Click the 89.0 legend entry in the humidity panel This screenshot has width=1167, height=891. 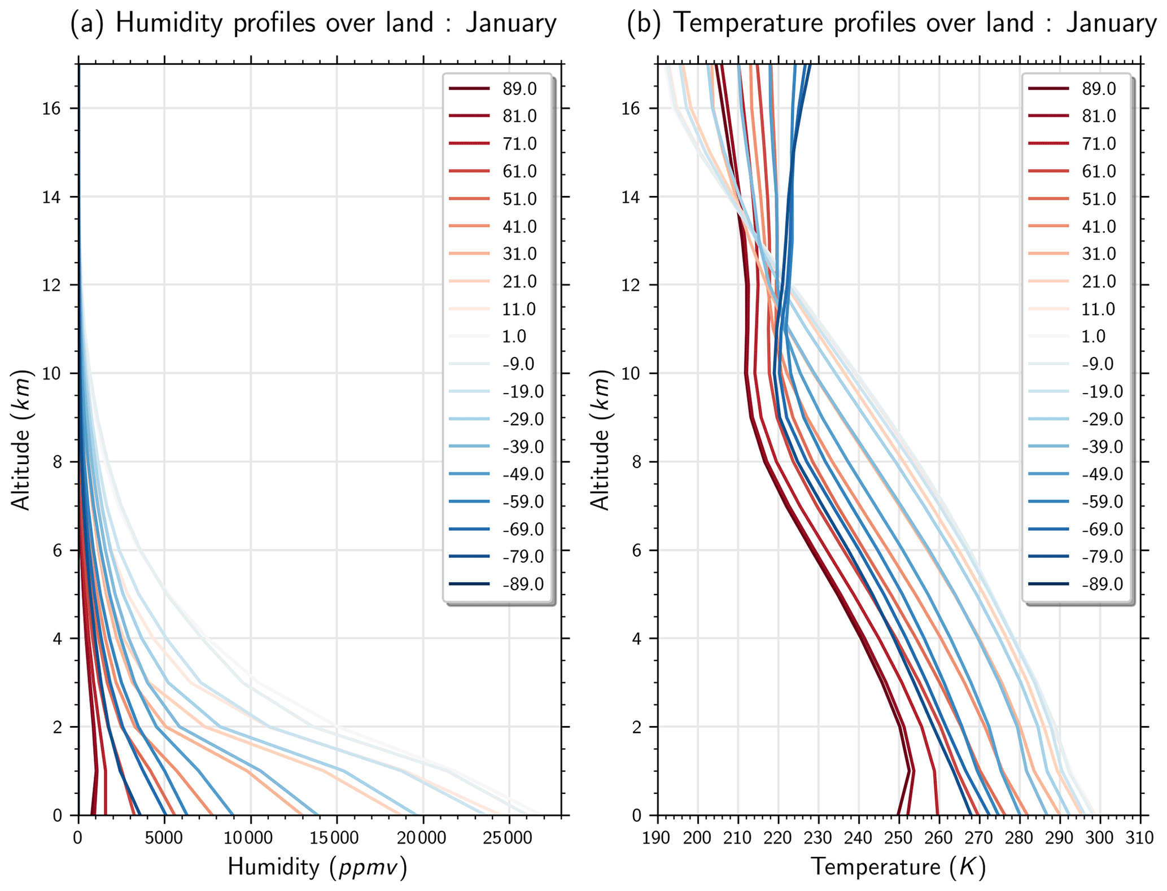pos(519,89)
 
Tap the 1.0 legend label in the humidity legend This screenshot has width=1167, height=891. pos(514,337)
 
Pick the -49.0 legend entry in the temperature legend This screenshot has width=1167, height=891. pos(1102,474)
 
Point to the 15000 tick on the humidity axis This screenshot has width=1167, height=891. pos(336,837)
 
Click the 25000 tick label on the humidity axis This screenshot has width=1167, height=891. pos(509,837)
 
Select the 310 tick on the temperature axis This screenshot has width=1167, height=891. pos(1140,837)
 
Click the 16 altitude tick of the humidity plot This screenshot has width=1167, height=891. pos(52,108)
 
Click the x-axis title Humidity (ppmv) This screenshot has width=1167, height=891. pos(317,867)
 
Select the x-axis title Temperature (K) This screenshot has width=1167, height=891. pos(898,867)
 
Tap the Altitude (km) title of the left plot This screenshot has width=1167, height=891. pos(21,440)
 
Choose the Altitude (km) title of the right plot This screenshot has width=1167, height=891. pos(601,440)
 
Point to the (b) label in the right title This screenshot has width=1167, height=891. pos(644,24)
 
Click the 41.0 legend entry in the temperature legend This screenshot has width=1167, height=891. pos(1099,226)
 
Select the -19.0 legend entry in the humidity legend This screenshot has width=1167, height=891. pos(522,392)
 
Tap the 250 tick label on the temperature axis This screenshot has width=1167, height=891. pos(899,837)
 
